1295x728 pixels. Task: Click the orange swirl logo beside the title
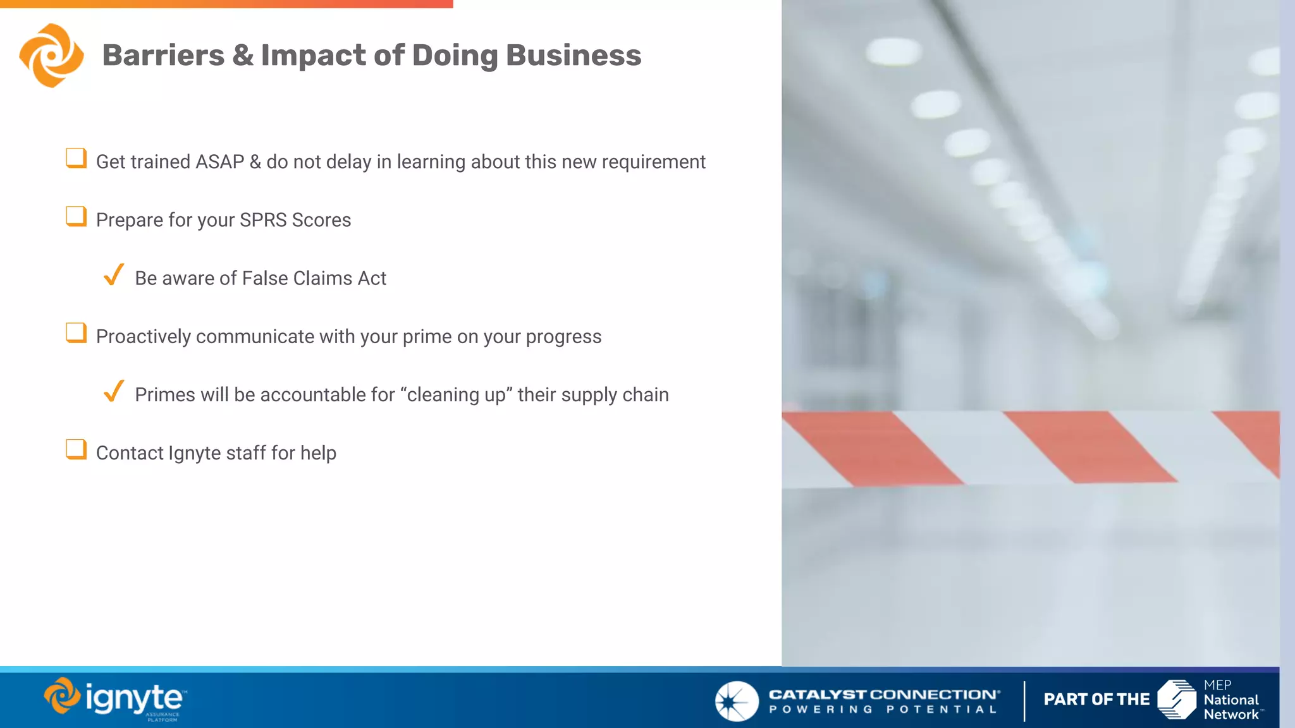point(51,56)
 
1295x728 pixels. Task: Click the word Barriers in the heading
point(163,56)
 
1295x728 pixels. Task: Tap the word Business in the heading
point(574,56)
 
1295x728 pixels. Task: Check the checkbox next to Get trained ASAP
point(76,158)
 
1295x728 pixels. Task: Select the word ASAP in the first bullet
point(219,162)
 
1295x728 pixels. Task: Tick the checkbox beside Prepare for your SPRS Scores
point(76,216)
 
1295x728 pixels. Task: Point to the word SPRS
point(263,220)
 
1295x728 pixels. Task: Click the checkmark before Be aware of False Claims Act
point(114,275)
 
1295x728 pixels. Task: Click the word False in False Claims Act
point(265,278)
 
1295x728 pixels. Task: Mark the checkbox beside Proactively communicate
point(76,332)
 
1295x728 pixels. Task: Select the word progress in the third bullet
point(563,337)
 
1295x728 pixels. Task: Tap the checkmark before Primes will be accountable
point(114,391)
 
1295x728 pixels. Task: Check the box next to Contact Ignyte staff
point(76,449)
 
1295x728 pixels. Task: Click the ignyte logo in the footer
point(115,699)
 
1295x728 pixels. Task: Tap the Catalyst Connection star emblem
point(736,701)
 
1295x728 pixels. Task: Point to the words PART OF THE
point(1096,700)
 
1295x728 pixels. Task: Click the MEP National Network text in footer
point(1231,700)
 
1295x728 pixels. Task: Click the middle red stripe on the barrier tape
point(1089,447)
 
